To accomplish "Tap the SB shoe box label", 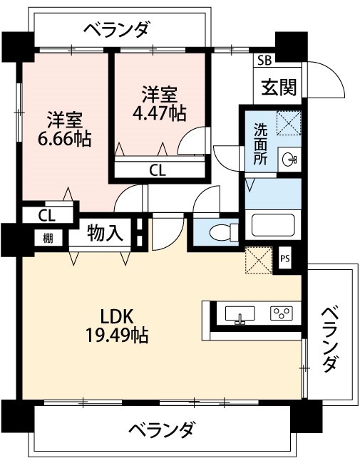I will coord(264,60).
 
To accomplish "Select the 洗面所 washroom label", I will coord(261,144).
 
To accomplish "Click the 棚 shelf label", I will coord(47,239).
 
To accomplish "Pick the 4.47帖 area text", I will coord(158,114).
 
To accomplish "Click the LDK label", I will coord(118,316).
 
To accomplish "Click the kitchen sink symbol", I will coord(240,313).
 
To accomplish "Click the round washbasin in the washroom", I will coord(289,160).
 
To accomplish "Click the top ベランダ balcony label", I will coord(116,29).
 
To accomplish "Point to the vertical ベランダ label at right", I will coord(329,339).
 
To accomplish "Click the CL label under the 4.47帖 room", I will coord(158,170).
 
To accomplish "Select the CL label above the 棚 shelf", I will coord(46,214).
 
